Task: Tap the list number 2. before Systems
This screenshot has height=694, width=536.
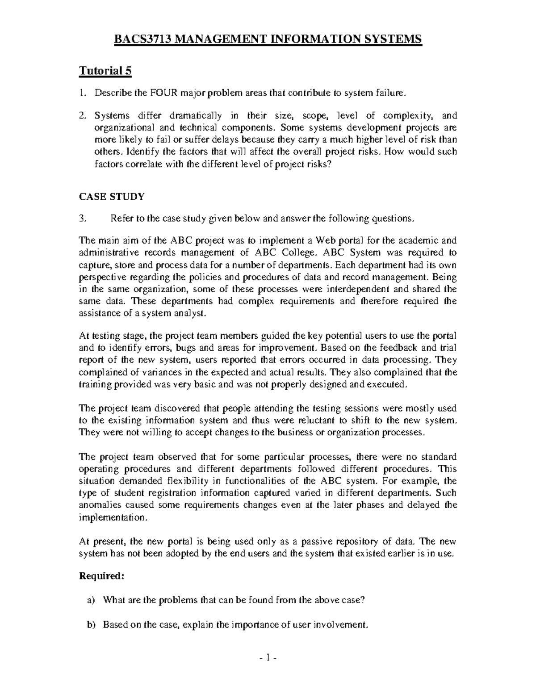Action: (x=82, y=116)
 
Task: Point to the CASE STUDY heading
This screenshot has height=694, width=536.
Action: (x=112, y=196)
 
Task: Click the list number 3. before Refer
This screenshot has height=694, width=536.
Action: (x=82, y=219)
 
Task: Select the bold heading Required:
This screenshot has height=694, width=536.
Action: (x=100, y=576)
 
